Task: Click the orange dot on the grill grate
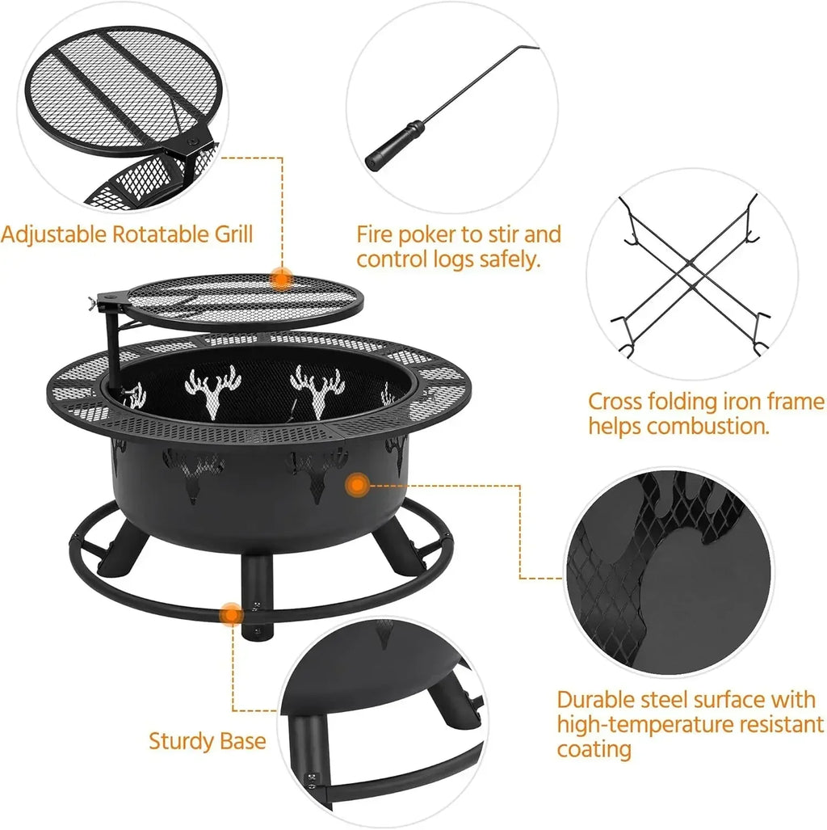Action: [281, 279]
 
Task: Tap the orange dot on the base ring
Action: [231, 614]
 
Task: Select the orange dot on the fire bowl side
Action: [356, 486]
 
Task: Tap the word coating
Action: [594, 749]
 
